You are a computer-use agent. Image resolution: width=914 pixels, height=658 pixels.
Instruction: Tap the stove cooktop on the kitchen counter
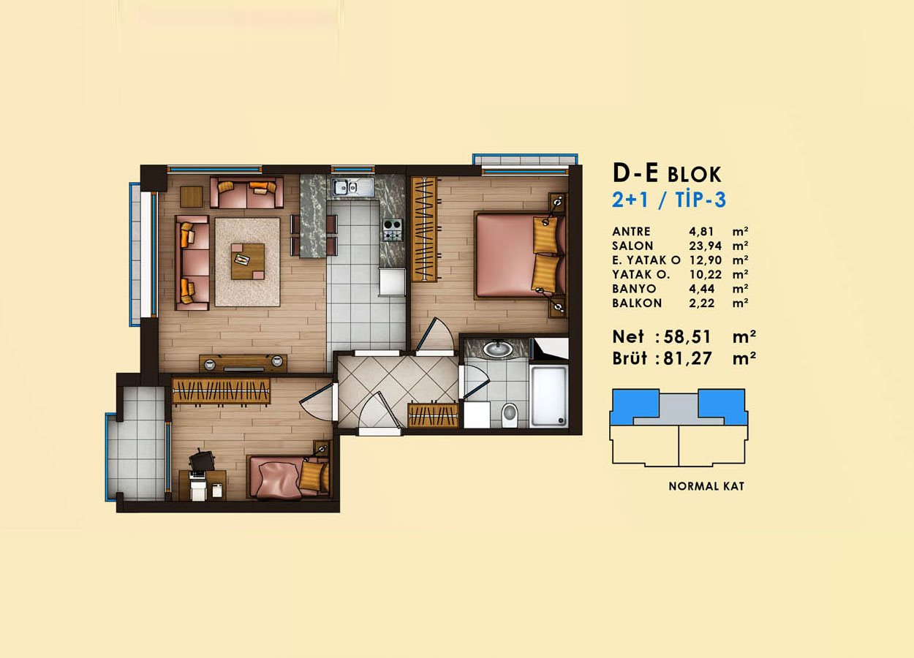pyautogui.click(x=393, y=230)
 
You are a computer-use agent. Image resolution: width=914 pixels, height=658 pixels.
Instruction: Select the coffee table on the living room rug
pyautogui.click(x=248, y=262)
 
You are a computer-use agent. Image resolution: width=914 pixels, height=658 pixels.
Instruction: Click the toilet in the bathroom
pyautogui.click(x=509, y=415)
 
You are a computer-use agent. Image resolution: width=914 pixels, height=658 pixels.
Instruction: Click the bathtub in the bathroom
pyautogui.click(x=549, y=396)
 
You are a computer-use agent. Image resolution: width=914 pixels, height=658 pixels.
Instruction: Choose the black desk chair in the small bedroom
pyautogui.click(x=201, y=460)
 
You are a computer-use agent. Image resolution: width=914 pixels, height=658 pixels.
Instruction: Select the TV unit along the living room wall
pyautogui.click(x=243, y=363)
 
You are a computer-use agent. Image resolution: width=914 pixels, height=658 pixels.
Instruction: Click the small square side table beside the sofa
pyautogui.click(x=192, y=197)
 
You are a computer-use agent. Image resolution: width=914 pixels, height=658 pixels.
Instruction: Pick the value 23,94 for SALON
pyautogui.click(x=705, y=246)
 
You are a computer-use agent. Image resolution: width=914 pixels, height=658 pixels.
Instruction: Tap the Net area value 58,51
pyautogui.click(x=687, y=337)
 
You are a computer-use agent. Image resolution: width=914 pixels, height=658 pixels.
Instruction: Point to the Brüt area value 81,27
pyautogui.click(x=687, y=358)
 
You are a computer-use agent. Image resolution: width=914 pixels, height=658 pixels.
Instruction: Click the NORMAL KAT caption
pyautogui.click(x=706, y=486)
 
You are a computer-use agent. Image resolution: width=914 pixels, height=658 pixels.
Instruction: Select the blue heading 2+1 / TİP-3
pyautogui.click(x=669, y=200)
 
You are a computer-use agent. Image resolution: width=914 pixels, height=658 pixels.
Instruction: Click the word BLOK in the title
pyautogui.click(x=695, y=175)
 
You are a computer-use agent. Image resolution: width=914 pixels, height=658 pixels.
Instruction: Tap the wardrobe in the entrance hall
pyautogui.click(x=433, y=415)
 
